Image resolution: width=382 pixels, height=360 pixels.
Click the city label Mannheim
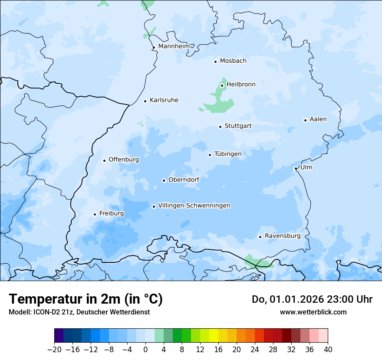[x=174, y=46]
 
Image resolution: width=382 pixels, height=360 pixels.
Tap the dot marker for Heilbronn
[x=222, y=85]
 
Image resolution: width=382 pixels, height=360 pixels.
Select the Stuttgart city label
[x=238, y=126]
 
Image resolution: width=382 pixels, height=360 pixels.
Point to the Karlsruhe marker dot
[x=145, y=101]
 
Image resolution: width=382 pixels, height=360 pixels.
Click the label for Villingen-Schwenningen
[x=194, y=206]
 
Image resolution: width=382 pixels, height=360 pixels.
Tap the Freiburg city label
[x=111, y=213]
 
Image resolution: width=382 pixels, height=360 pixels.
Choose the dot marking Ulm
[x=296, y=168]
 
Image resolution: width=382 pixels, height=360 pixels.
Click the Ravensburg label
[x=282, y=236]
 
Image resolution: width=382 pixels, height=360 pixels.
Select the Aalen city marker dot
[x=305, y=120]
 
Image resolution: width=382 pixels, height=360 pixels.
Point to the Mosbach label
[x=233, y=61]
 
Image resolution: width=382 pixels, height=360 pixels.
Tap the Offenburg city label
[x=124, y=160]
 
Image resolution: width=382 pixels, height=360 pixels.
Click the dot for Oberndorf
[x=164, y=180]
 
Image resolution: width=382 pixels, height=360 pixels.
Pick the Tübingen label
[x=228, y=154]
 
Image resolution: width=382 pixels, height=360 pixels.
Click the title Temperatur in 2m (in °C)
[x=86, y=299]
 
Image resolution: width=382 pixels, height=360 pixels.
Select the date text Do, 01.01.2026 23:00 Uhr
[x=312, y=299]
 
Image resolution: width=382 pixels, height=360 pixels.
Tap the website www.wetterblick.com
[x=313, y=312]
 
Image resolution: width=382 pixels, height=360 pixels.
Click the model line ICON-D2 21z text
[x=79, y=312]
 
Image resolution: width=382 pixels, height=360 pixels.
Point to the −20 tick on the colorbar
[x=55, y=350]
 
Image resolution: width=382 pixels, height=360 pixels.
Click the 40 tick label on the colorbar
[x=328, y=350]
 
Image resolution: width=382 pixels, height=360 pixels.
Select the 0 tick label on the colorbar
[x=145, y=350]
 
